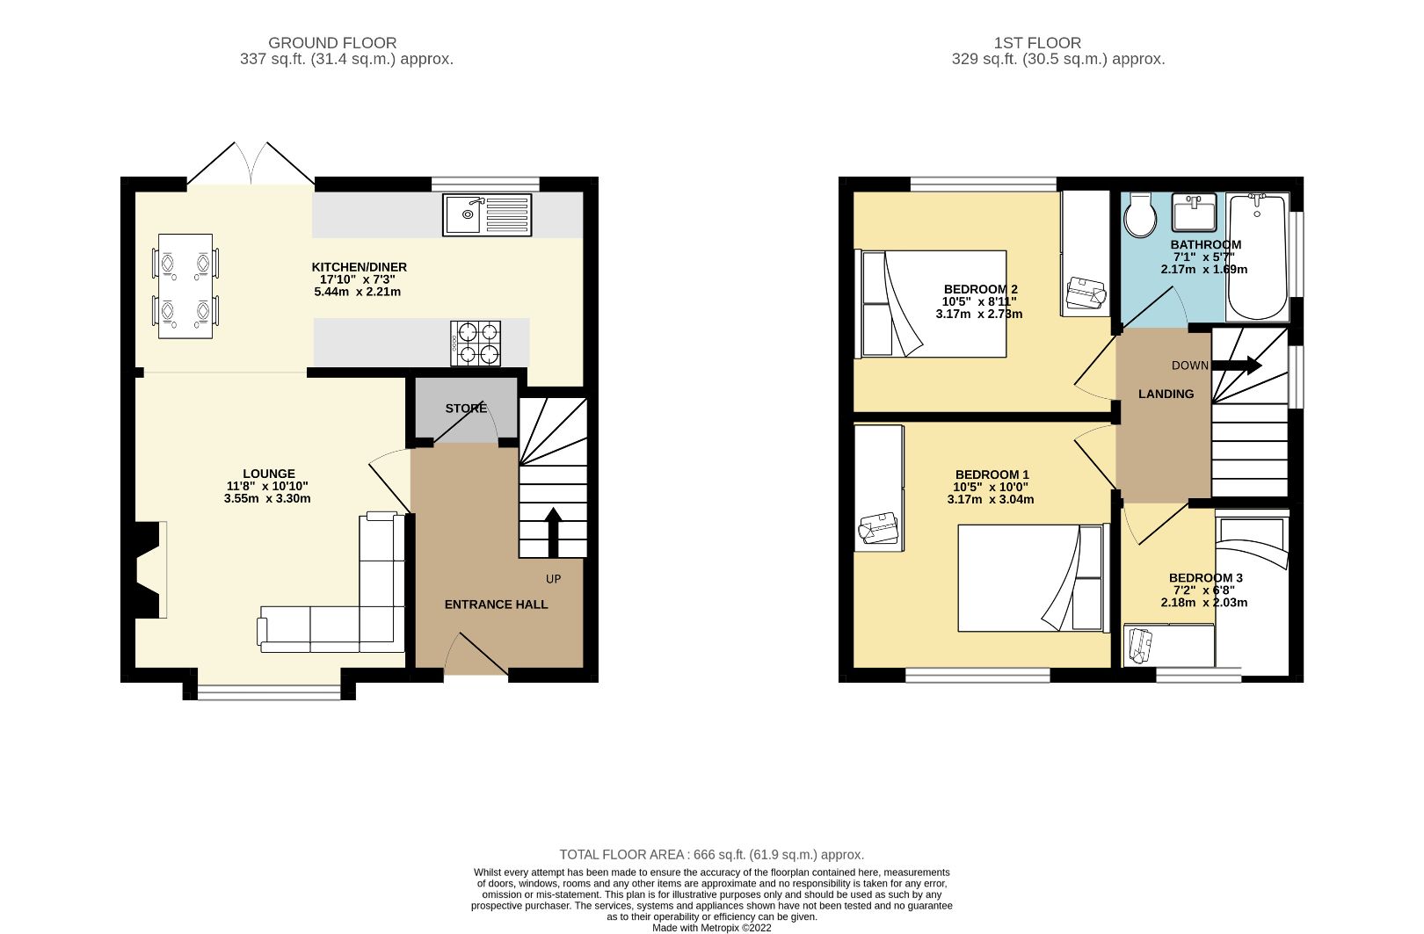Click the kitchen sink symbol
point(487,214)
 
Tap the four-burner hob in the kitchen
point(476,343)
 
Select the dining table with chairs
point(185,286)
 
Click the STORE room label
point(466,409)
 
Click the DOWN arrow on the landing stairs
point(1240,366)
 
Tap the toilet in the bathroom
point(1142,214)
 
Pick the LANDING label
point(1166,394)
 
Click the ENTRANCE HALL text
point(496,605)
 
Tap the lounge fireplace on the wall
point(148,569)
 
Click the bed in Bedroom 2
point(932,304)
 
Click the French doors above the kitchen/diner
point(251,165)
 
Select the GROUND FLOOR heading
point(332,42)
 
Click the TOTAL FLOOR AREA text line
point(711,854)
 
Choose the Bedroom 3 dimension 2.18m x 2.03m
point(1204,603)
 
